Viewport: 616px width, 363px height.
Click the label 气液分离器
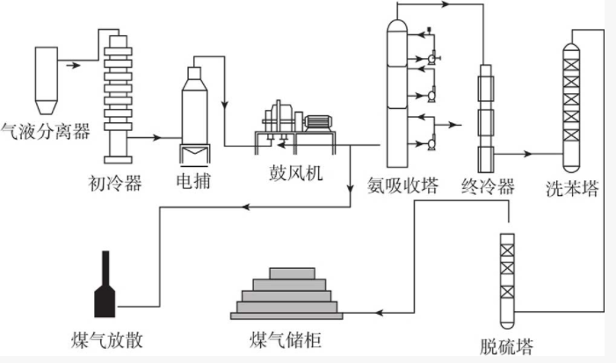point(45,133)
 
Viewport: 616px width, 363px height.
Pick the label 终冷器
point(486,186)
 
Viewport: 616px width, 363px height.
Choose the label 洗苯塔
point(572,187)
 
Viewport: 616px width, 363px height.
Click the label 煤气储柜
point(287,338)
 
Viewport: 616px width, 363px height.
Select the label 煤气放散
point(105,338)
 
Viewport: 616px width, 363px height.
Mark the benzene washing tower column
point(572,106)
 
